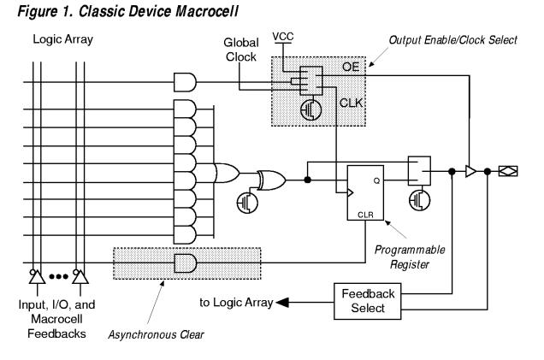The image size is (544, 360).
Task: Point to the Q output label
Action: [375, 180]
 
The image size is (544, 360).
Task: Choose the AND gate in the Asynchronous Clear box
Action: [185, 263]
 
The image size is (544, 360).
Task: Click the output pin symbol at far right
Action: [507, 171]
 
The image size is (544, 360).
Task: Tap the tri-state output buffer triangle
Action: [469, 171]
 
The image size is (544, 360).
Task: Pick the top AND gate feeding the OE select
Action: [185, 81]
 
